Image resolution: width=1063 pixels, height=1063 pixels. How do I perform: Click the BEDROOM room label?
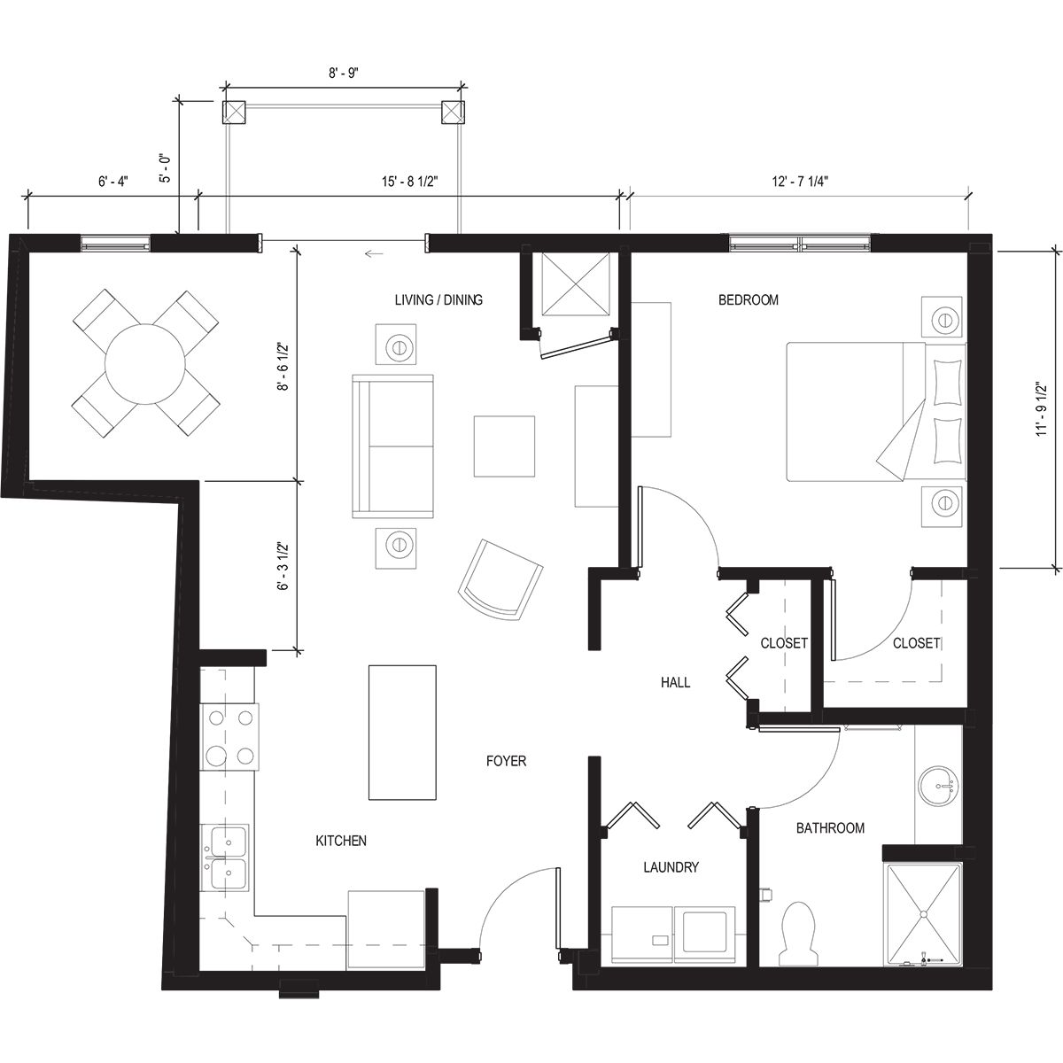tap(748, 300)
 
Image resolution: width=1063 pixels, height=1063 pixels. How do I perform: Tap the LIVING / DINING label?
tap(438, 300)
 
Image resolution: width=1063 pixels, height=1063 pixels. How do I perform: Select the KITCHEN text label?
tap(341, 841)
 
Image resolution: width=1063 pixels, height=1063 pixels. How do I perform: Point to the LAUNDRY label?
tap(671, 867)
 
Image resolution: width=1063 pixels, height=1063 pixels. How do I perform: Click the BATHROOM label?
tap(829, 828)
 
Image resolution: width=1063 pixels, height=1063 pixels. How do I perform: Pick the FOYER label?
tap(506, 761)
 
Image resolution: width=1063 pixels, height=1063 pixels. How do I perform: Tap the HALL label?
tap(675, 682)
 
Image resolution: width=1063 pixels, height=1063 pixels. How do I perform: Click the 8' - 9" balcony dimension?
tap(342, 74)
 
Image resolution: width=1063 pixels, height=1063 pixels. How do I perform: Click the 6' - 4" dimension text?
tap(113, 182)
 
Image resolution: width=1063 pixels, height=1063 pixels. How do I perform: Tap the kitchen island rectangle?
tap(403, 732)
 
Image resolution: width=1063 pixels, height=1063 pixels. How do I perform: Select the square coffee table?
tap(504, 446)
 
